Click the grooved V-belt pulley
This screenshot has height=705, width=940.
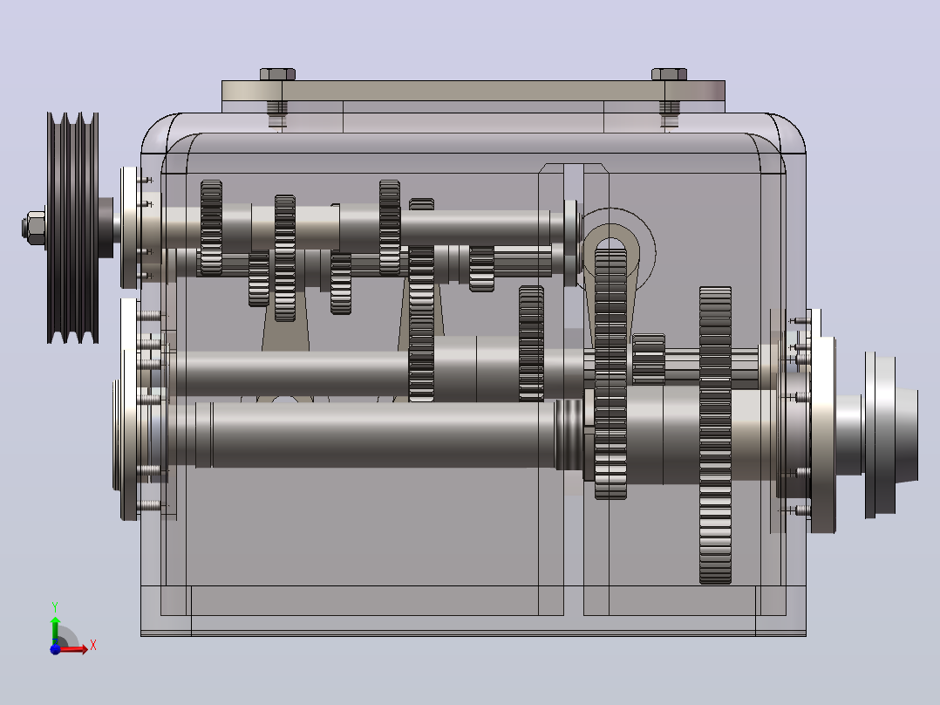72,228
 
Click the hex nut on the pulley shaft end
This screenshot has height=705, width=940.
34,228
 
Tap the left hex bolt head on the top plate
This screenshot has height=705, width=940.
277,74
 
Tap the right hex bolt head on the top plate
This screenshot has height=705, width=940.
669,74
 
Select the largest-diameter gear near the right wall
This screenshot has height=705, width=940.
715,435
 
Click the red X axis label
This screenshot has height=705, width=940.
93,646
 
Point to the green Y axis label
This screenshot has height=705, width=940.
55,606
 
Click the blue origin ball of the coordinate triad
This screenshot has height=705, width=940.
55,649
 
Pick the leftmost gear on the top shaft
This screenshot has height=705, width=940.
211,228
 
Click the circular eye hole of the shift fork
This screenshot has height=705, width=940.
610,245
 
